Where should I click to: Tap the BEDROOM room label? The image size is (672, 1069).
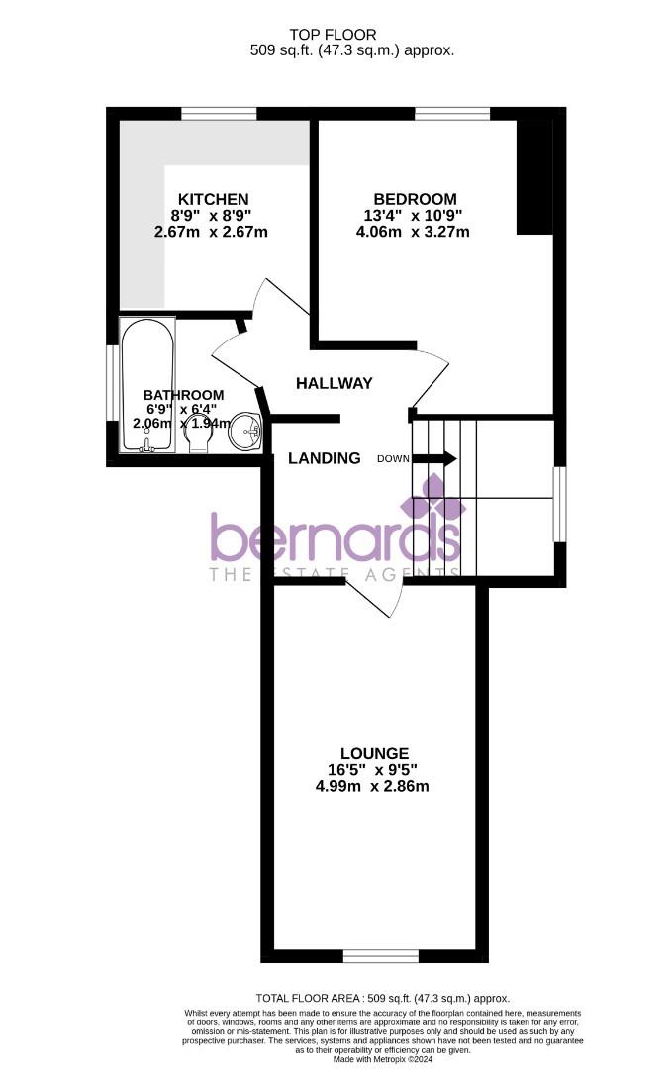pyautogui.click(x=415, y=199)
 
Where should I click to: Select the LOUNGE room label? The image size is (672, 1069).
pyautogui.click(x=373, y=753)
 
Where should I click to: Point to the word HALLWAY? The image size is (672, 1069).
pyautogui.click(x=335, y=383)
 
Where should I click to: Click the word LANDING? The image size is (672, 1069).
pyautogui.click(x=324, y=458)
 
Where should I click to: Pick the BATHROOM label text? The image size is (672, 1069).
pyautogui.click(x=183, y=395)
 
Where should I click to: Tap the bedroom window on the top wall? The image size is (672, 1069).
pyautogui.click(x=451, y=113)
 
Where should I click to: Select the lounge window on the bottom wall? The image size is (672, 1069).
pyautogui.click(x=379, y=955)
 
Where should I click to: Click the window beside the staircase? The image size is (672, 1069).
pyautogui.click(x=559, y=505)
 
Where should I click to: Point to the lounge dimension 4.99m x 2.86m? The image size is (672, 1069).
pyautogui.click(x=373, y=787)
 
